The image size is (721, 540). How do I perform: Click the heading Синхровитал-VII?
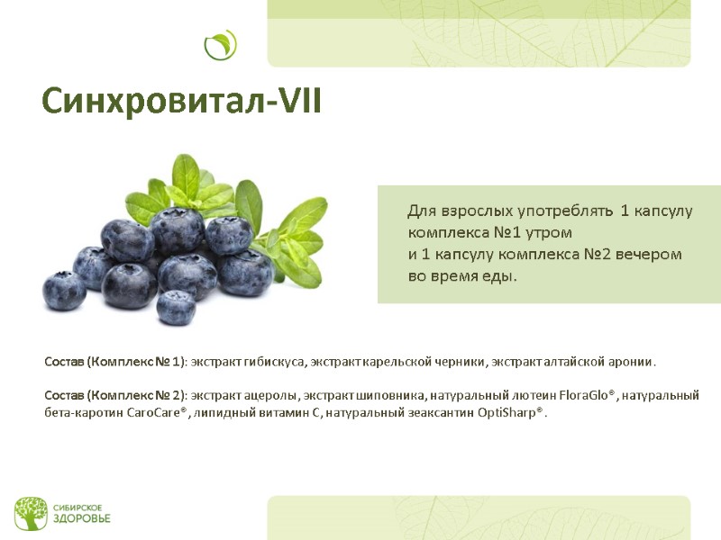(181, 101)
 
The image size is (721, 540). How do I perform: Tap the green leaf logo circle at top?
(220, 44)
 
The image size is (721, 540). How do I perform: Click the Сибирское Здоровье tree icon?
(30, 512)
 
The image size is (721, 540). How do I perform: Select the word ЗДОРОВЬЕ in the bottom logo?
(81, 519)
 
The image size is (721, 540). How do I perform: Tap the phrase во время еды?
(462, 276)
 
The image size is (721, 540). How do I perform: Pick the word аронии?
(632, 362)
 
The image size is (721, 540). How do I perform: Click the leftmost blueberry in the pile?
(64, 290)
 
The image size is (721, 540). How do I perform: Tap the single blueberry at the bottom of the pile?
(176, 307)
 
